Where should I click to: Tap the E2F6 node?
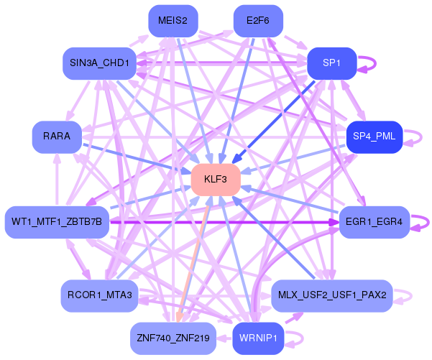point(258,21)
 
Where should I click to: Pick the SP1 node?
point(331,63)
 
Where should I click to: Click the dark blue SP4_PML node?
point(374,137)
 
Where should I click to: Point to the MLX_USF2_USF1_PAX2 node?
point(331,295)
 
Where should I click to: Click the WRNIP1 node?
point(258,337)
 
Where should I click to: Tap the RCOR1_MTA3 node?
point(99,295)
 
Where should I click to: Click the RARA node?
point(57,137)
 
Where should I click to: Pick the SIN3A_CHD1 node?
point(99,63)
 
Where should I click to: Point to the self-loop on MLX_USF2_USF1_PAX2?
point(410,295)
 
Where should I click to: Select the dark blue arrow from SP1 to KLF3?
point(273,122)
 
